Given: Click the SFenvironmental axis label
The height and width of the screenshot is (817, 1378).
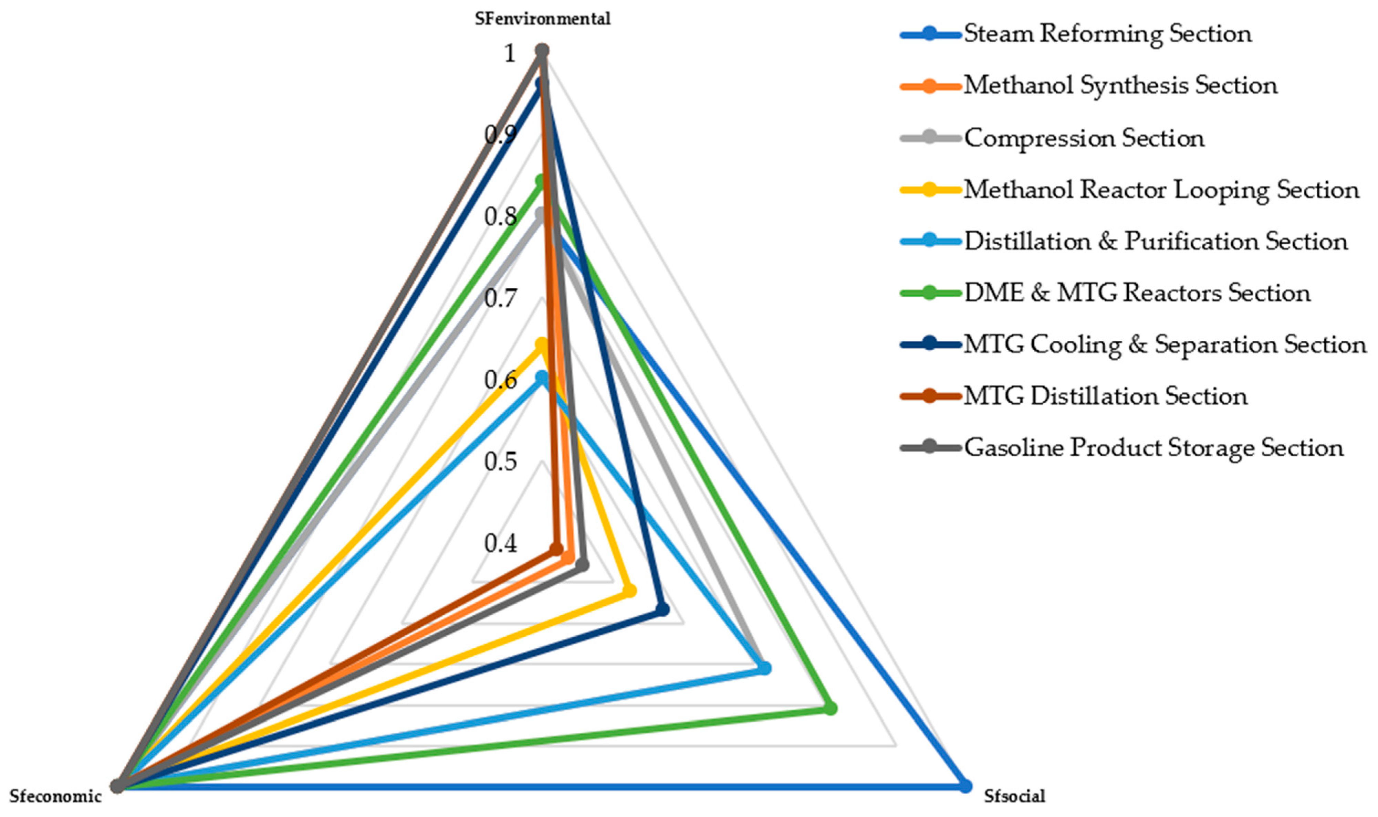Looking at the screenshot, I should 543,19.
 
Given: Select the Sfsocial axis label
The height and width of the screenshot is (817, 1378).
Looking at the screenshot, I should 1014,796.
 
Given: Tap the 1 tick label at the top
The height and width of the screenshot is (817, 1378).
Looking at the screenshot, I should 510,54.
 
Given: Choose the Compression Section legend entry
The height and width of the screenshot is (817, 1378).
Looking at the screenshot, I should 1084,138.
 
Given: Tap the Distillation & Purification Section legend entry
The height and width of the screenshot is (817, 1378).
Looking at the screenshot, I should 1156,242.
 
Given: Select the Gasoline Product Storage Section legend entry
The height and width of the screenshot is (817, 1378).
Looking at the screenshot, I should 1153,448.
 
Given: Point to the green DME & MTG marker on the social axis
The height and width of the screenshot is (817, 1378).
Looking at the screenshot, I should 831,709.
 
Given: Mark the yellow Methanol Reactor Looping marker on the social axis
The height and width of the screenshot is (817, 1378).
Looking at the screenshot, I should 629,591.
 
